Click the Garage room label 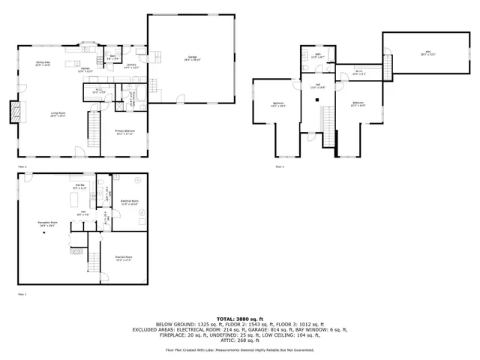click(x=192, y=58)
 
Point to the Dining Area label click(x=43, y=64)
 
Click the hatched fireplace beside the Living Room click(x=13, y=112)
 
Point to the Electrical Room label click(x=129, y=202)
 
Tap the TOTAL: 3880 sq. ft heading click(x=240, y=319)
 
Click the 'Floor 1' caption click(x=22, y=294)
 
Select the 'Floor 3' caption click(x=279, y=166)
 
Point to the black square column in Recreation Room click(x=43, y=234)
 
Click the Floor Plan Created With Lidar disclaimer click(x=240, y=349)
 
